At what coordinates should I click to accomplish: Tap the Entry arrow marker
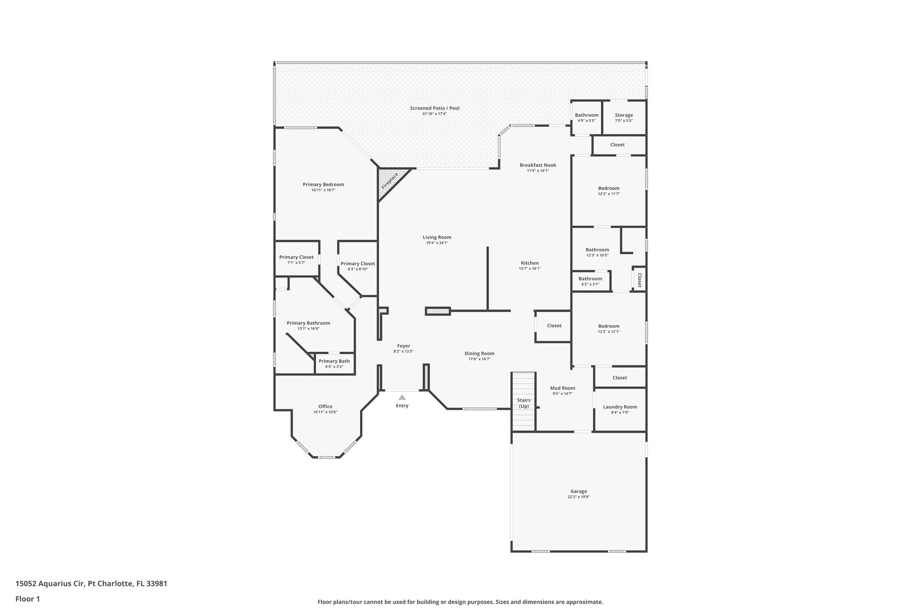click(x=402, y=397)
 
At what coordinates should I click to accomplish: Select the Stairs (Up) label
click(x=523, y=403)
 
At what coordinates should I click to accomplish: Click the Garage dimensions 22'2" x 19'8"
click(x=578, y=497)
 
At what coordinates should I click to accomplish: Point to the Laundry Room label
click(x=620, y=407)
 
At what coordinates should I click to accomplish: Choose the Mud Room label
click(x=563, y=388)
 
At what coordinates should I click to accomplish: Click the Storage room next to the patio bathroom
click(x=624, y=117)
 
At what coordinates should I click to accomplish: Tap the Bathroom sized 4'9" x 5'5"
click(x=586, y=117)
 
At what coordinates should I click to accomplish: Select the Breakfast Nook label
click(x=538, y=165)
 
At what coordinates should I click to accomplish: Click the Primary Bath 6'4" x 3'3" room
click(x=334, y=363)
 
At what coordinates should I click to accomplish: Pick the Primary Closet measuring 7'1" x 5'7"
click(x=296, y=260)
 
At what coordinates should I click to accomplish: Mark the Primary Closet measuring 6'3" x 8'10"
click(x=358, y=266)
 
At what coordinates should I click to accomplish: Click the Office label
click(x=325, y=407)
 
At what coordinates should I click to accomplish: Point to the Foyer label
click(x=403, y=346)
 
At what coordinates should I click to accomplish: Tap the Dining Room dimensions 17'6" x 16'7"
click(x=479, y=359)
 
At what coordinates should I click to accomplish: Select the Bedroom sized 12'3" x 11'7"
click(x=608, y=191)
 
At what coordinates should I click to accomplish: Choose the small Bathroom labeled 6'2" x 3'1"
click(x=590, y=281)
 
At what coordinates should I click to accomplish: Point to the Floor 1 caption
click(x=28, y=599)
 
